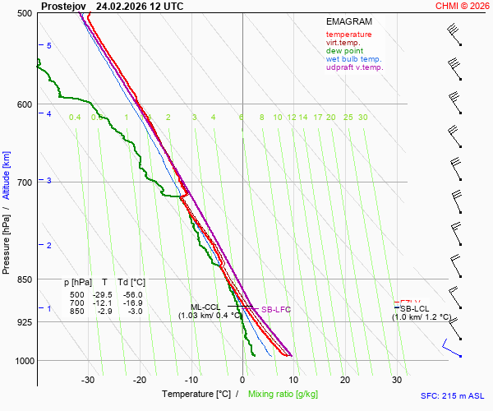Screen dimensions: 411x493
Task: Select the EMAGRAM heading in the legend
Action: point(348,21)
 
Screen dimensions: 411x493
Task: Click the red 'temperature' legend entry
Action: point(348,35)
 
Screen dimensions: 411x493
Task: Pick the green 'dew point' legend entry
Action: point(345,51)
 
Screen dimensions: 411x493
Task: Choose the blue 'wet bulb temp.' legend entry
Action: point(353,59)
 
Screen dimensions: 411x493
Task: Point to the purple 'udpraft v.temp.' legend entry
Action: point(354,67)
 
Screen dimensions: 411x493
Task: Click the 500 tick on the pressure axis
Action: point(24,14)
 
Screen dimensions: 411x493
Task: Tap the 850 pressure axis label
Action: point(24,280)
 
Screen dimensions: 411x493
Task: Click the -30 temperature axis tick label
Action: point(88,380)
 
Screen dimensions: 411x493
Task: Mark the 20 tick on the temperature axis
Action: point(345,380)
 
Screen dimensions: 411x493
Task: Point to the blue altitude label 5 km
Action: point(49,46)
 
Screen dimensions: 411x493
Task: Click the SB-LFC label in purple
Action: point(276,310)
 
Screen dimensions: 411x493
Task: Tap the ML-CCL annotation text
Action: point(207,307)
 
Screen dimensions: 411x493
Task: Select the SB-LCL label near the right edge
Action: point(414,309)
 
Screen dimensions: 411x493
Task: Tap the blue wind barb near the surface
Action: point(451,349)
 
